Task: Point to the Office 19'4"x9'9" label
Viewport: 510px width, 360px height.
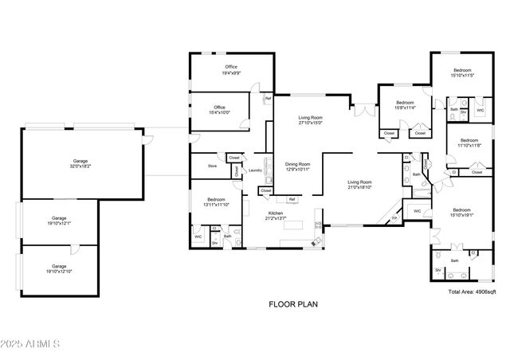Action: [x=231, y=69]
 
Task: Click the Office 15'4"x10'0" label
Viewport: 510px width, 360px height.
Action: [x=219, y=110]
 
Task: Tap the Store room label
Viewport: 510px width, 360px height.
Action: [x=212, y=166]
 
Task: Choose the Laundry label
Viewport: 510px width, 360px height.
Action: [x=255, y=170]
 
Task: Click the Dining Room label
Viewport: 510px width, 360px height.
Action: [x=297, y=166]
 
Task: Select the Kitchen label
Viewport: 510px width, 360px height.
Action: [x=276, y=216]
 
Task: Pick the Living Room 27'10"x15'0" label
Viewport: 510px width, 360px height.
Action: [x=310, y=119]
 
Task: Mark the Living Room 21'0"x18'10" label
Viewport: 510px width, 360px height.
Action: [x=359, y=184]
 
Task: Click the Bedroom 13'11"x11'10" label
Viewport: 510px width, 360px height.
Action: [x=216, y=202]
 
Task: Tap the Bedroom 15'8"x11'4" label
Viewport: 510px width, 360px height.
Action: [x=406, y=105]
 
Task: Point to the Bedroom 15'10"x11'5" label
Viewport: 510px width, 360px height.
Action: [x=462, y=72]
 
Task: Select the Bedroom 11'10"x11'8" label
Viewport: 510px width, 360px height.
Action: [x=469, y=143]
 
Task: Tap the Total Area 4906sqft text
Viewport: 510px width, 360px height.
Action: [x=471, y=292]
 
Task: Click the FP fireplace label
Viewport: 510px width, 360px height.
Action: [x=394, y=218]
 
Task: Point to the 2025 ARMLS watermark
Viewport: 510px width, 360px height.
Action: [x=32, y=344]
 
